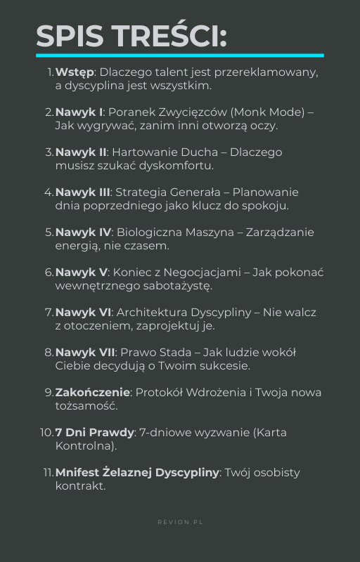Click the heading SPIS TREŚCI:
tap(131, 37)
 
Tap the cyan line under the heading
tap(180, 55)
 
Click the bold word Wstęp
tap(75, 72)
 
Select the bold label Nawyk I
tap(79, 112)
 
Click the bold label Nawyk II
tap(81, 152)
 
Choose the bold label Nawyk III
tap(82, 192)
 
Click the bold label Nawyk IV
tap(83, 233)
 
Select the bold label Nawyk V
tap(81, 273)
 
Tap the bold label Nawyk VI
tap(83, 313)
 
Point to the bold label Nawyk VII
tap(85, 353)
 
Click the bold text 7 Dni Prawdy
tap(94, 433)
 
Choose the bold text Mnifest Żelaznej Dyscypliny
tap(137, 473)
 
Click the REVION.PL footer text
tap(180, 523)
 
